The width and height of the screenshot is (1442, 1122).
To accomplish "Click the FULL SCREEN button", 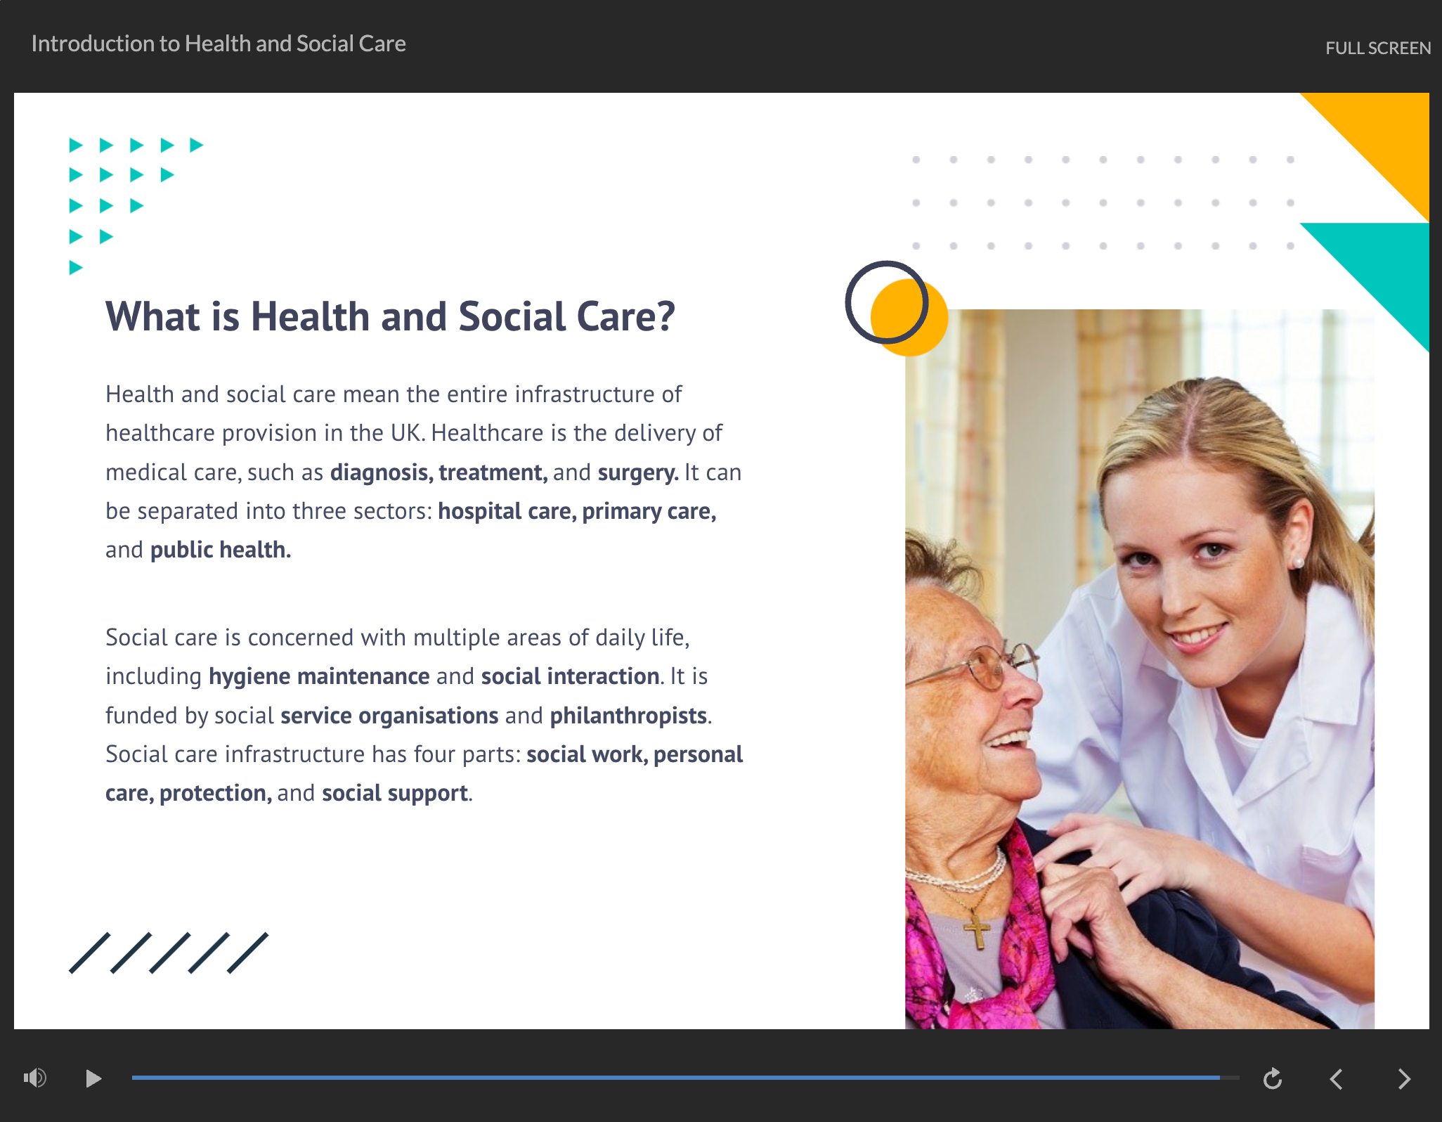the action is coord(1378,48).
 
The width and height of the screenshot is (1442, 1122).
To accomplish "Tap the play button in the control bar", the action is coord(93,1078).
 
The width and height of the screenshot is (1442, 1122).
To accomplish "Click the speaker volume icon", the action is coord(35,1077).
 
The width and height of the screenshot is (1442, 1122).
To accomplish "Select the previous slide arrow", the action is coord(1336,1078).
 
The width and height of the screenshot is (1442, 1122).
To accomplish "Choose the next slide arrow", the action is coord(1404,1078).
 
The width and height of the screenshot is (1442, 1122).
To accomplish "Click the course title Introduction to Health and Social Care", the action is coord(219,44).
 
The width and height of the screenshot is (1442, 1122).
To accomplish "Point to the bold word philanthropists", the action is coord(628,716).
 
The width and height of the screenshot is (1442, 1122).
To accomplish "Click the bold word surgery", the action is coord(638,472).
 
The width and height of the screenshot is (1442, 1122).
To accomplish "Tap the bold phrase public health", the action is coord(221,550).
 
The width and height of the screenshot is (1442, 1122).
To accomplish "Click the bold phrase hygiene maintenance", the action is coord(319,676).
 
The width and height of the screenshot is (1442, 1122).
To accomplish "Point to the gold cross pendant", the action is coord(976,930).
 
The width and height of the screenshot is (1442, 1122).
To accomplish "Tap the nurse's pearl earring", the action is coord(1298,562).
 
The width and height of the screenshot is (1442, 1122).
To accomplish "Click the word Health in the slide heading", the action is coord(310,316).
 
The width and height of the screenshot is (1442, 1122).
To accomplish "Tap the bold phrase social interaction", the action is coord(571,676).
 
